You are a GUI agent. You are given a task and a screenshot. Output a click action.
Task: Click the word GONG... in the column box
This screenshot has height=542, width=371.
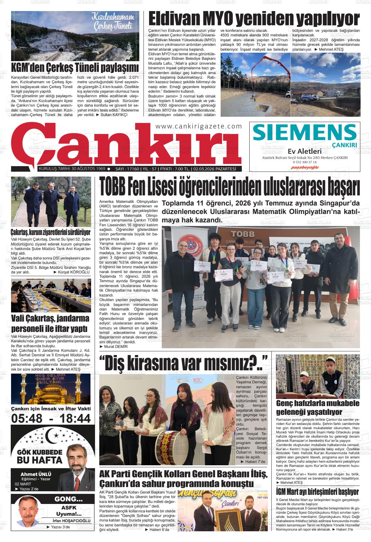point(68,499)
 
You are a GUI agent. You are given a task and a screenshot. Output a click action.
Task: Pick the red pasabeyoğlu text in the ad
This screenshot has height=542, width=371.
point(305,167)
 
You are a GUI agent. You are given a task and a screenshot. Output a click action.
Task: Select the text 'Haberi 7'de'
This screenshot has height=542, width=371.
point(253,462)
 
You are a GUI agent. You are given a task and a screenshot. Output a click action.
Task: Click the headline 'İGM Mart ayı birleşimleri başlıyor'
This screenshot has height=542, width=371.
point(317,491)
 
